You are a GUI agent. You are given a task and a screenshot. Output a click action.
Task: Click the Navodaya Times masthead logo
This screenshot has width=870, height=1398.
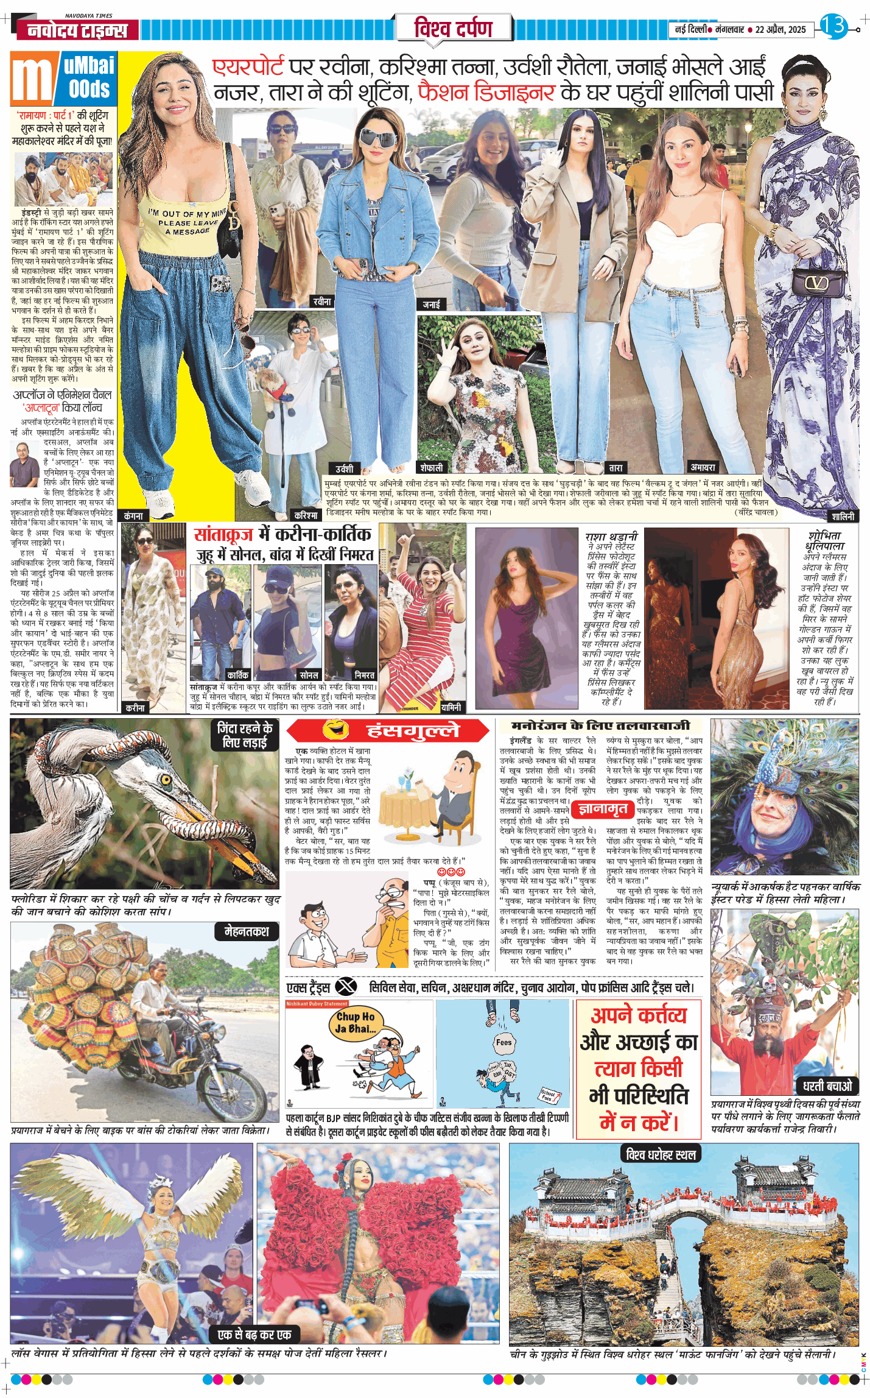tap(77, 29)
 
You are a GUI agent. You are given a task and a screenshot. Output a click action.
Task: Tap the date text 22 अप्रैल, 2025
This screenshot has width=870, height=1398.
tap(781, 29)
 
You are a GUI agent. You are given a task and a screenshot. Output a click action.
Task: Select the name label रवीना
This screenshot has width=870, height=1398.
tap(322, 302)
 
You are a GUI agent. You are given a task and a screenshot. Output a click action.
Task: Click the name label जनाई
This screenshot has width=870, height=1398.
tap(431, 304)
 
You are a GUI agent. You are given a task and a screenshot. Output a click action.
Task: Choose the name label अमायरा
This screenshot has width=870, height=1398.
tap(703, 467)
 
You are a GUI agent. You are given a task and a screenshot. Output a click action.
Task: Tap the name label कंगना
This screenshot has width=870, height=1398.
tap(133, 515)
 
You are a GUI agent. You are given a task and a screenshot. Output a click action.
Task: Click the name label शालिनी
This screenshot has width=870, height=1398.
tap(843, 516)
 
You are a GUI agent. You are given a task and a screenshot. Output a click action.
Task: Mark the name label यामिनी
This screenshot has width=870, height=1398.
tap(451, 707)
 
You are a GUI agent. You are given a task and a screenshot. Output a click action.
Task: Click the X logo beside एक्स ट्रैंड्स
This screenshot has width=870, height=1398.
tap(346, 985)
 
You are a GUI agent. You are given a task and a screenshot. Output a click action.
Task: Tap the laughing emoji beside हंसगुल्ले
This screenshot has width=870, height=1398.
tap(335, 729)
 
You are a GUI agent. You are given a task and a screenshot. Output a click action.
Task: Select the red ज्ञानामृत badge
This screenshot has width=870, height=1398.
tap(603, 809)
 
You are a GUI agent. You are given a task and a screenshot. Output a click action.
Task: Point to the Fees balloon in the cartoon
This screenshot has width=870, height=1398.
tap(503, 1042)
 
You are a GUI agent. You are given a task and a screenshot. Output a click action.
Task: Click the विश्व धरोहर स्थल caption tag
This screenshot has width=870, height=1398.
tap(661, 1154)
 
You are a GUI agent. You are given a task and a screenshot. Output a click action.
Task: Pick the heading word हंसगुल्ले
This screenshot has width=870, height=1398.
tap(413, 730)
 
